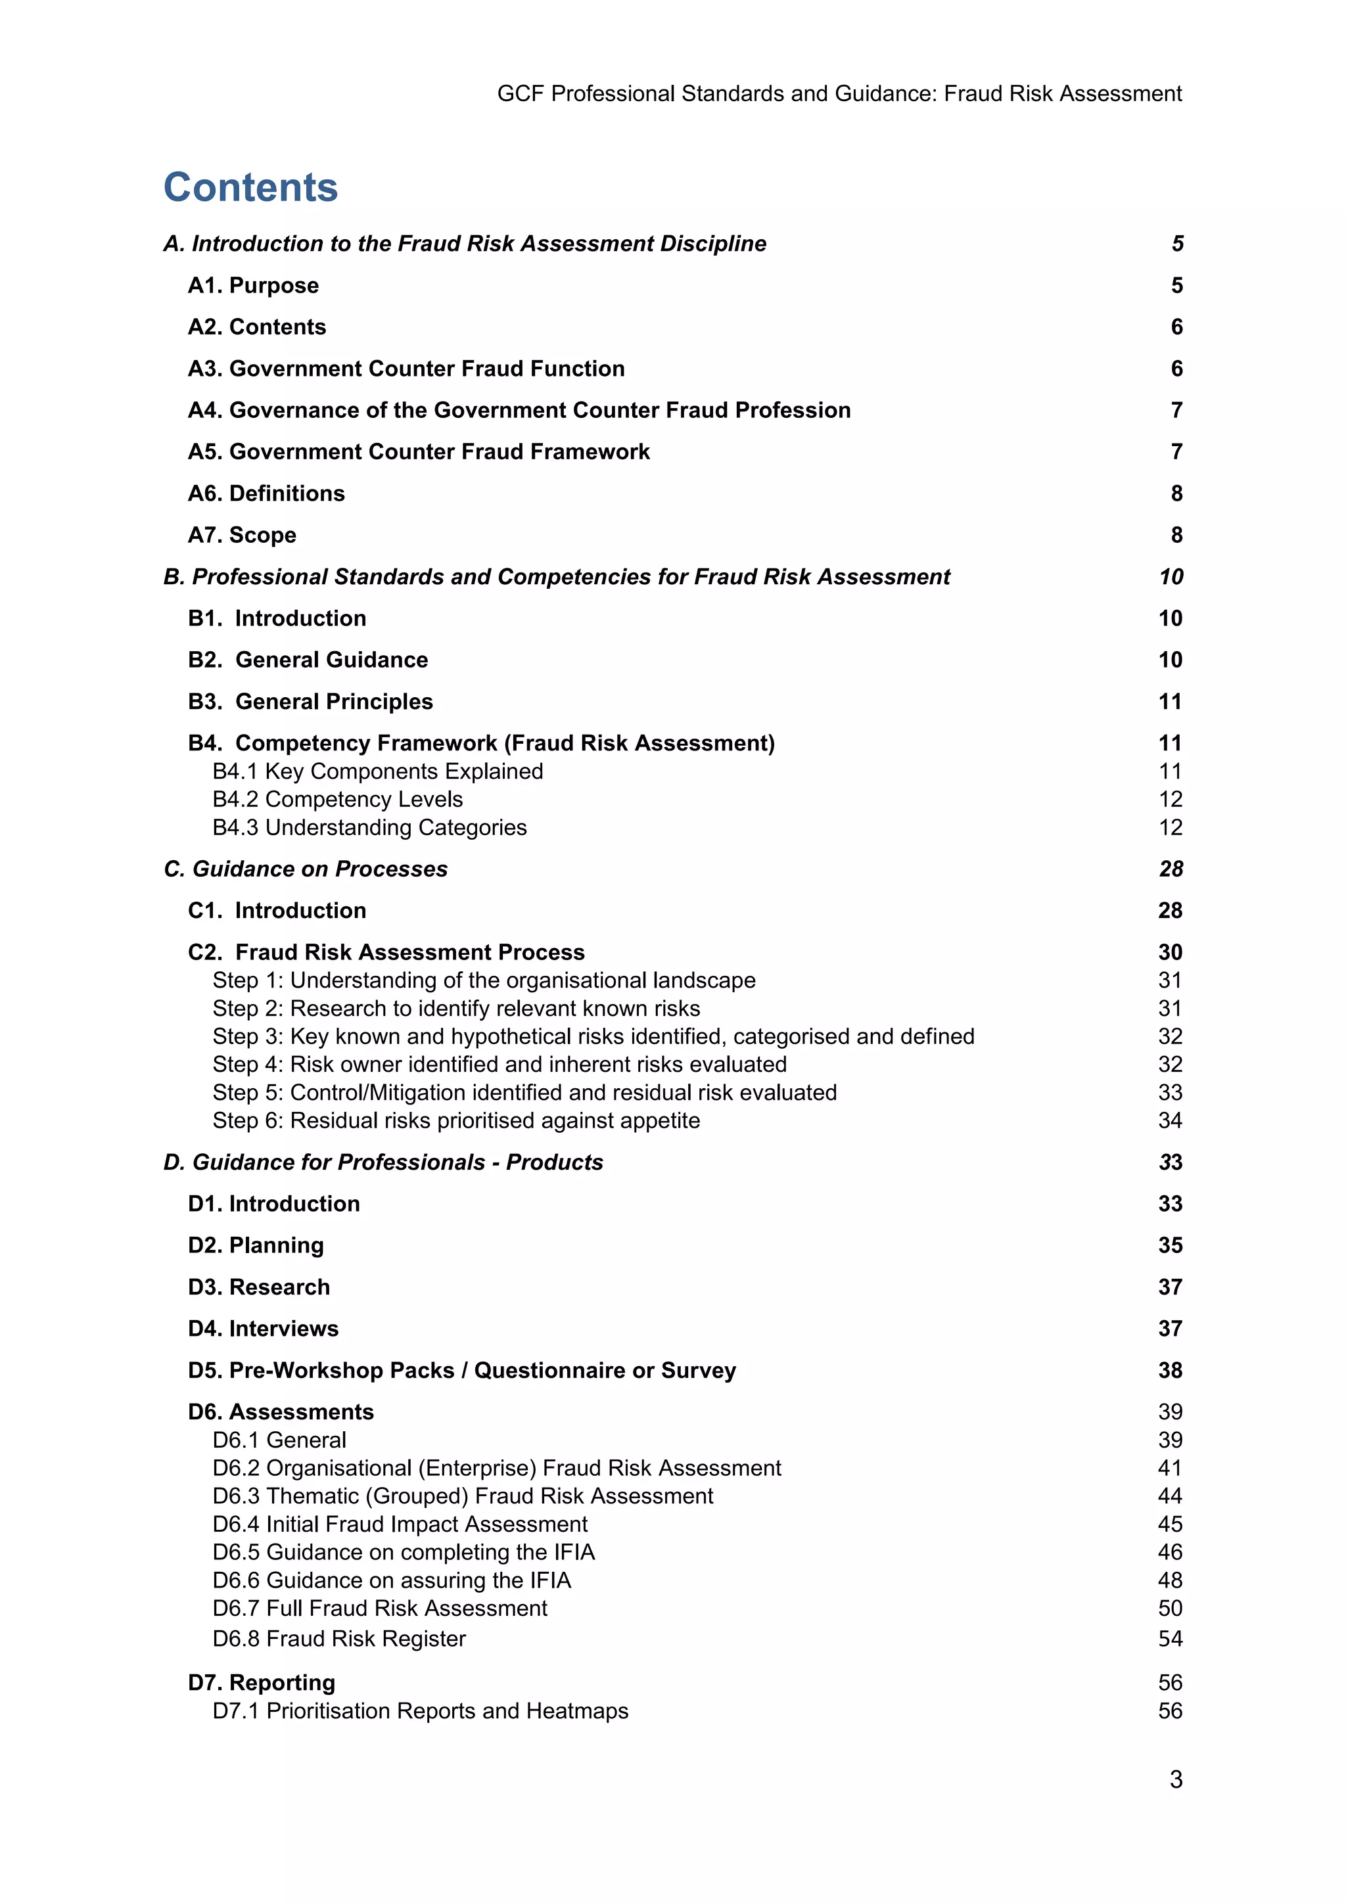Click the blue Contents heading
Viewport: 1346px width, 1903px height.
coord(250,187)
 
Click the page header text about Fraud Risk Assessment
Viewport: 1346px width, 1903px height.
coord(839,94)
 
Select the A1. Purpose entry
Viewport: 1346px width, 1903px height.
coord(253,285)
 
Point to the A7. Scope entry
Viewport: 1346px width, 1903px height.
coord(241,535)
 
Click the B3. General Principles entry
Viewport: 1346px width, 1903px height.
coord(310,701)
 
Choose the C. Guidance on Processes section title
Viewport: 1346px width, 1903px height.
coord(306,869)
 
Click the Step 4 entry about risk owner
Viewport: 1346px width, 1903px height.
coord(499,1065)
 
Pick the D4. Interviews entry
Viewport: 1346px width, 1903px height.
coord(263,1329)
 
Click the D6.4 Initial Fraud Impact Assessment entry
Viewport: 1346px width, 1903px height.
coord(400,1525)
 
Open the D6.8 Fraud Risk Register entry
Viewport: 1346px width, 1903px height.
coord(339,1639)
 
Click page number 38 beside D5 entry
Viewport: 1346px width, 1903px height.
coord(1169,1370)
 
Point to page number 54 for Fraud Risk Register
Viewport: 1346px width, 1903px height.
coord(1169,1639)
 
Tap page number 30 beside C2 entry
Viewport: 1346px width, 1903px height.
coord(1169,952)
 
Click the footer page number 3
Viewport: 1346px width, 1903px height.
coord(1175,1779)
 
